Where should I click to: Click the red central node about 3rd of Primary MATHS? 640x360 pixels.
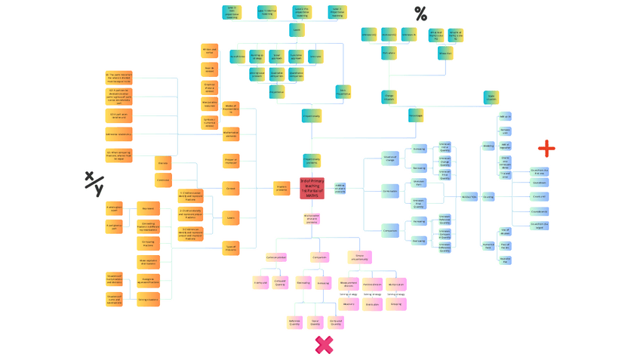click(x=312, y=189)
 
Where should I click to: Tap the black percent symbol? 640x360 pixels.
click(x=420, y=14)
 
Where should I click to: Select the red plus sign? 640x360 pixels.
click(x=546, y=148)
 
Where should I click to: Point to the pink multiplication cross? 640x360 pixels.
click(x=325, y=345)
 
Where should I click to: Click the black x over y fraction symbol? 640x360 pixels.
click(x=94, y=183)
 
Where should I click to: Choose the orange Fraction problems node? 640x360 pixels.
click(x=282, y=189)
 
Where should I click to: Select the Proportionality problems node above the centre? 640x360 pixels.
click(x=312, y=160)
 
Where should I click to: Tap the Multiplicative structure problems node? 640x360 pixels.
click(x=312, y=219)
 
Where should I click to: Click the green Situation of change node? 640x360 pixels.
click(x=390, y=159)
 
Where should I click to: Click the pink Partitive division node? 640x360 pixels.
click(x=372, y=285)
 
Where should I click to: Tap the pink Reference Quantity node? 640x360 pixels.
click(x=295, y=322)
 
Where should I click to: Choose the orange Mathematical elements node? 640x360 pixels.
click(x=231, y=135)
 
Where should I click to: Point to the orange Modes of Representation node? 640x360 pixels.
click(x=231, y=109)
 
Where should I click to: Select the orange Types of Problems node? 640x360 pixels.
click(x=231, y=246)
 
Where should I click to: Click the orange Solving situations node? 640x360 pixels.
click(x=148, y=300)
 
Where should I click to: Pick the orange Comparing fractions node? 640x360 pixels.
click(x=148, y=243)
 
